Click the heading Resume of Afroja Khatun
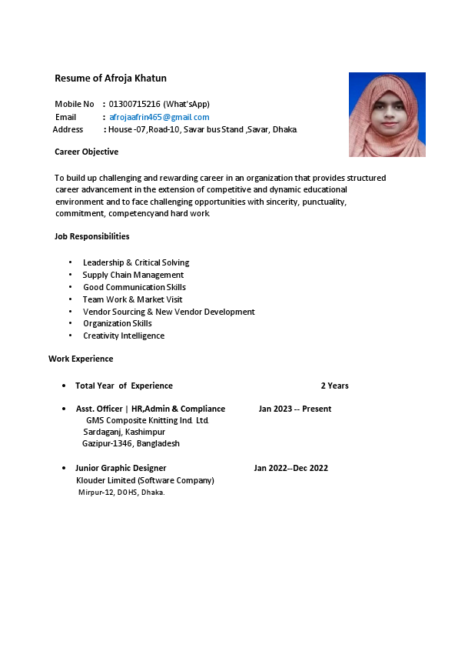coord(111,78)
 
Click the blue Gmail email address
coord(159,117)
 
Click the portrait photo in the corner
coord(387,115)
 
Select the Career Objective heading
coord(86,152)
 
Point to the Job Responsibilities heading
coord(92,236)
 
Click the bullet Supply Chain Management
coord(133,275)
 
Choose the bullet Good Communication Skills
coord(134,287)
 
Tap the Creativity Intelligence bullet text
coord(124,336)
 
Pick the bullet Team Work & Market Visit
coord(133,299)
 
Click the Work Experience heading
coord(81,359)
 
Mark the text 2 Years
coord(334,386)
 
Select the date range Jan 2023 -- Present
coord(295,409)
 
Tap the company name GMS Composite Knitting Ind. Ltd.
coord(148,420)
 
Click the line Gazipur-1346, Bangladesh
coord(131,443)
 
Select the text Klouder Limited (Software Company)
coord(144,480)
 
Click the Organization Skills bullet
coord(118,323)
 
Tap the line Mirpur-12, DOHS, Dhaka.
coord(121,493)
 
